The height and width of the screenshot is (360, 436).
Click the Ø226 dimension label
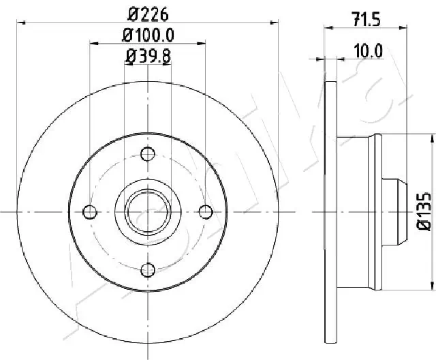click(148, 13)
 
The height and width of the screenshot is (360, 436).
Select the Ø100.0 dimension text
click(148, 33)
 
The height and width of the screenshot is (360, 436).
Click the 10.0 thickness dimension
click(369, 49)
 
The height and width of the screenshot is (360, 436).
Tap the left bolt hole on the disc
click(89, 212)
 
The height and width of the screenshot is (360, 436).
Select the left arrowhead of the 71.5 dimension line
click(328, 27)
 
